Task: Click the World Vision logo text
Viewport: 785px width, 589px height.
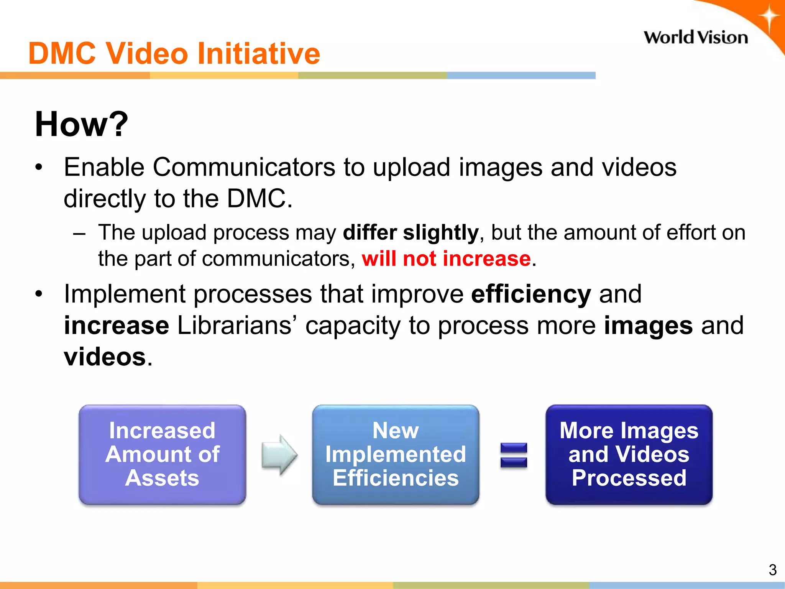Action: tap(695, 38)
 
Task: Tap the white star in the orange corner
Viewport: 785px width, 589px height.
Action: tap(769, 18)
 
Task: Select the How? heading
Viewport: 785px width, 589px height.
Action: tap(81, 124)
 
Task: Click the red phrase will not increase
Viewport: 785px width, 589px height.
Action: tap(446, 258)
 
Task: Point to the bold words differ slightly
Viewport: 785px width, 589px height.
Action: tap(411, 232)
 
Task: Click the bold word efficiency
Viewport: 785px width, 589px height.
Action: tap(531, 294)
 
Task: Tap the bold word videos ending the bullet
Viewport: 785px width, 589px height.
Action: tap(105, 357)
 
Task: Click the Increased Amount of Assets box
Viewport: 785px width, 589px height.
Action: tap(162, 454)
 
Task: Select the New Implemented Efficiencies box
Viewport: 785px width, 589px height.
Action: tap(395, 454)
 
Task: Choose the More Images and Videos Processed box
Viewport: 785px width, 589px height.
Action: tap(629, 454)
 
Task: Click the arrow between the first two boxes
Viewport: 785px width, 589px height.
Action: tap(279, 455)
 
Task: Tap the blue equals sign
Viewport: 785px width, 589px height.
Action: tap(514, 455)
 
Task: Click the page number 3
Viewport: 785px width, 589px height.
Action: tap(772, 570)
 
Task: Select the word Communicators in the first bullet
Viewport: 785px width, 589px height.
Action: tap(244, 168)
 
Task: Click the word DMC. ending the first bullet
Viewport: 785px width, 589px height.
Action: tap(259, 199)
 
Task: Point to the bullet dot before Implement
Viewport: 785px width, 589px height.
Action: tap(38, 294)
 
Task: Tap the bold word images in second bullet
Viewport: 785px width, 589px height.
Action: tap(648, 326)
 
